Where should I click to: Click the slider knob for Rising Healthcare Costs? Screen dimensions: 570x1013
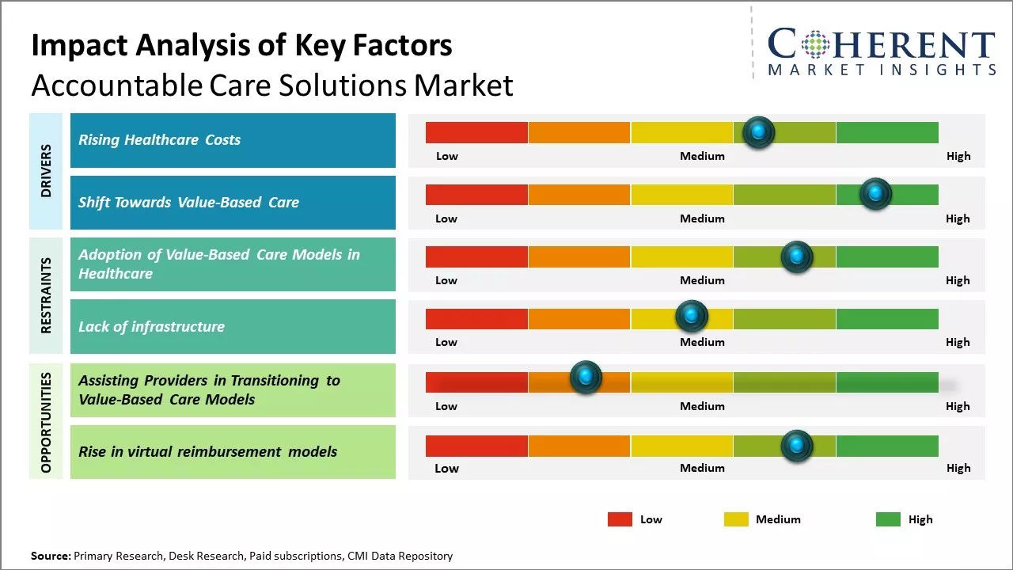click(x=759, y=132)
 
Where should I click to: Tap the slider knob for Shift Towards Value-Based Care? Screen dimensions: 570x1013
click(x=875, y=194)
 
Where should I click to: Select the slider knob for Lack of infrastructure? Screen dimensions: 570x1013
click(x=692, y=317)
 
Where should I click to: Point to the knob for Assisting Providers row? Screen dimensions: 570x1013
click(x=586, y=378)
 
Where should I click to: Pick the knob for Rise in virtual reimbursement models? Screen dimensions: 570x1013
click(x=796, y=446)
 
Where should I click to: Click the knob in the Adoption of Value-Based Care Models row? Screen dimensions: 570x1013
click(x=796, y=256)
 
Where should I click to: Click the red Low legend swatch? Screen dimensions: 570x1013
click(x=620, y=519)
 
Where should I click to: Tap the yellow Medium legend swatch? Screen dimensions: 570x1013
click(x=736, y=519)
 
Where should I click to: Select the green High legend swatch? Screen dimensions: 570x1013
click(x=888, y=519)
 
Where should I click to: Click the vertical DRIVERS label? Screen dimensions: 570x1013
click(x=46, y=171)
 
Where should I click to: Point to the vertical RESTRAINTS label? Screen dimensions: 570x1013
click(x=46, y=295)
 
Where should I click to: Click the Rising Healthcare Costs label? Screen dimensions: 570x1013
click(x=159, y=140)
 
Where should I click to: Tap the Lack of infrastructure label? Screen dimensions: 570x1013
click(x=151, y=326)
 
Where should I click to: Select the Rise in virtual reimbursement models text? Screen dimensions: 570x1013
click(x=207, y=452)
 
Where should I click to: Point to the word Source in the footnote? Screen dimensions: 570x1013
click(x=50, y=556)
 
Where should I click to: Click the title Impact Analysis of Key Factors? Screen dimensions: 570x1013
click(x=241, y=46)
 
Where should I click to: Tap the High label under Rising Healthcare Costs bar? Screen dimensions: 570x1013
click(x=958, y=156)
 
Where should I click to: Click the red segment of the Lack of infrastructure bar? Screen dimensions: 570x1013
click(x=476, y=319)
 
